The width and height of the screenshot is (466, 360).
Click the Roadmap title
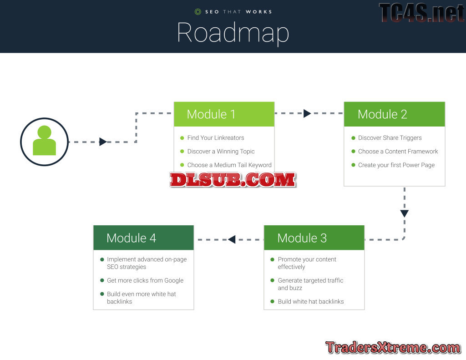tap(233, 33)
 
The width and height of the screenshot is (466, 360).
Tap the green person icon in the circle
tap(44, 141)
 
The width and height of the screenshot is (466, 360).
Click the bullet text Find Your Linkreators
tap(215, 138)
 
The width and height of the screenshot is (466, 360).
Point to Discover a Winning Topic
tap(221, 152)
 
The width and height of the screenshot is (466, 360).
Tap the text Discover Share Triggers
tap(390, 138)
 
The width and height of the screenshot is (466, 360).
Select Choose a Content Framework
tap(398, 152)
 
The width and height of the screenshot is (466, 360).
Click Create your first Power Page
tap(396, 165)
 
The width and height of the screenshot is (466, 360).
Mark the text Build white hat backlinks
tap(310, 301)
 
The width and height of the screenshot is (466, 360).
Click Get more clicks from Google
tap(145, 280)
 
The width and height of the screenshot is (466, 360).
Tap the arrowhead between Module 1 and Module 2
tap(307, 113)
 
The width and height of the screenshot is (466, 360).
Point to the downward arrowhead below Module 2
tap(404, 213)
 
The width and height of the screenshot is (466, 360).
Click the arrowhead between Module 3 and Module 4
tap(232, 239)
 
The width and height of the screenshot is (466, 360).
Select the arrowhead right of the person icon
tap(103, 142)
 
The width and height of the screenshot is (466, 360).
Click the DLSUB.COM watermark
tap(233, 180)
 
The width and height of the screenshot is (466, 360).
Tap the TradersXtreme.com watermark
tap(393, 348)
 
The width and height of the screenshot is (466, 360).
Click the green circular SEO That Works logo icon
tap(198, 12)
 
